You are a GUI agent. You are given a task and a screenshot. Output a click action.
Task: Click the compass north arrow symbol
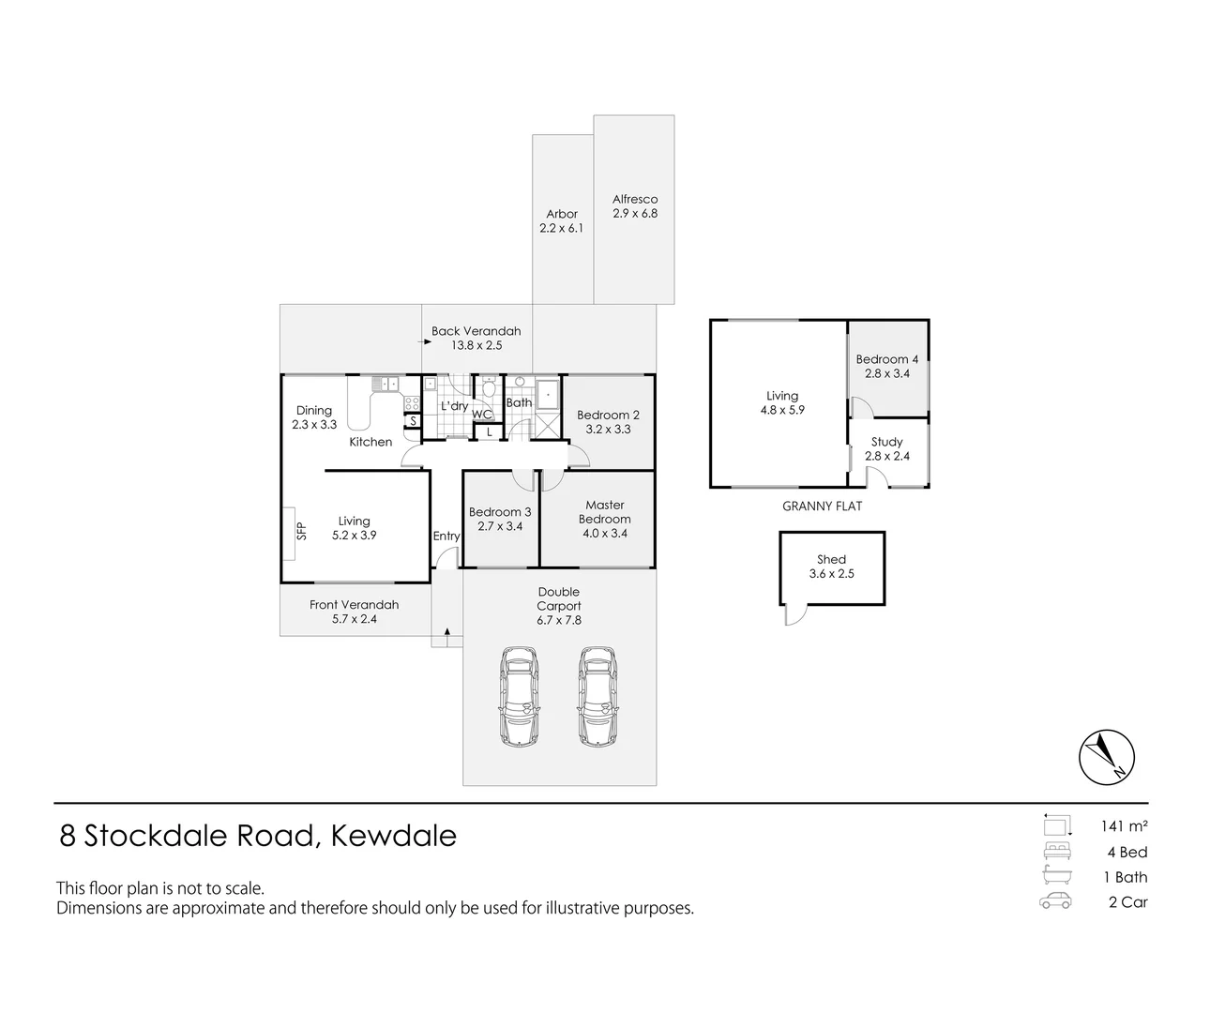click(1107, 758)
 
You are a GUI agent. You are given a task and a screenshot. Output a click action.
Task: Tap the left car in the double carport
click(520, 696)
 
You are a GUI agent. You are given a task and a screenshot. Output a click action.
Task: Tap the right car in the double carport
click(597, 696)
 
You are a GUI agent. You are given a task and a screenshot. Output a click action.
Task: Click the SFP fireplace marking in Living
click(301, 532)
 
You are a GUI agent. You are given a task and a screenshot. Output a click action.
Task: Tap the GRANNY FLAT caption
click(822, 506)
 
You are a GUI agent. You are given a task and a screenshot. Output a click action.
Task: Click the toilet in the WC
click(489, 390)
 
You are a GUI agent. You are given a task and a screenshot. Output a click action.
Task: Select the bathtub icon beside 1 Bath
click(1056, 877)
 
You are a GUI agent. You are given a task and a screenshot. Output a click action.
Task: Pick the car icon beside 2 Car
click(1056, 902)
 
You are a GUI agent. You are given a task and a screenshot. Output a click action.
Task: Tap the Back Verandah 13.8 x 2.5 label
click(476, 338)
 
